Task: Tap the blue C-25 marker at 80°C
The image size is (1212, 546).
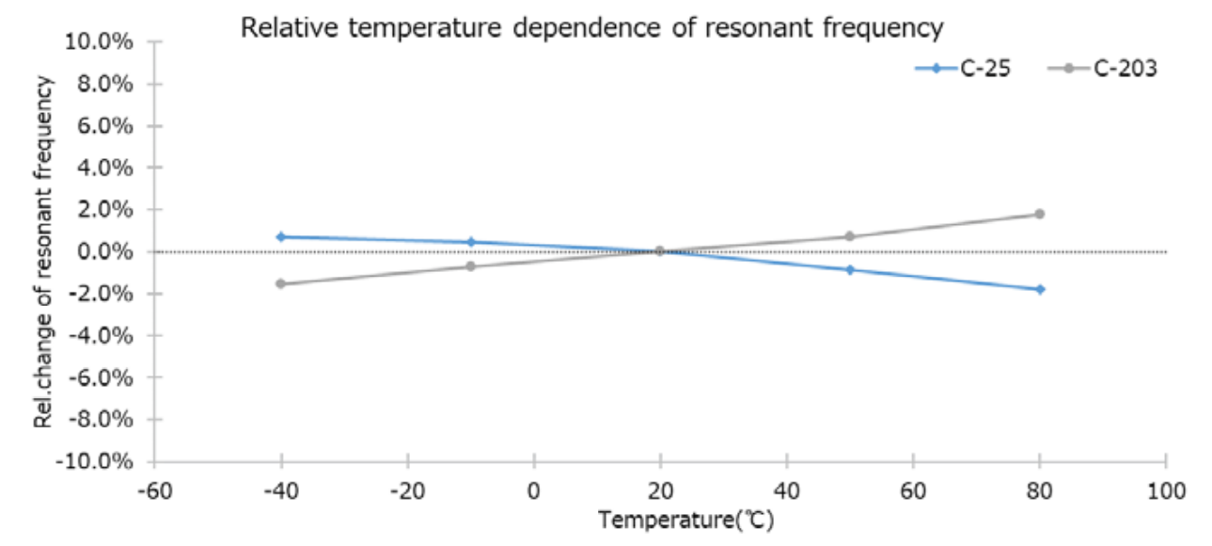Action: tap(1040, 289)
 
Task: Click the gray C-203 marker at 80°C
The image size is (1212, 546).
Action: tap(1040, 214)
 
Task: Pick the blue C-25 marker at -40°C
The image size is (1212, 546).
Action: tap(281, 236)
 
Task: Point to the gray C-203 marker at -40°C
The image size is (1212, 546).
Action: tap(281, 283)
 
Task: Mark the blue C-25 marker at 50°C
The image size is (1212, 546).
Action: tap(850, 269)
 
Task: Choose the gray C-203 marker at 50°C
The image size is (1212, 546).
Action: tap(850, 236)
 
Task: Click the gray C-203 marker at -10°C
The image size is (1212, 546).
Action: tap(471, 266)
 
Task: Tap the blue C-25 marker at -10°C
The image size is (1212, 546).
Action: tap(471, 242)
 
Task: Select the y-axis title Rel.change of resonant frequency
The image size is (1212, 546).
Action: tap(42, 251)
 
